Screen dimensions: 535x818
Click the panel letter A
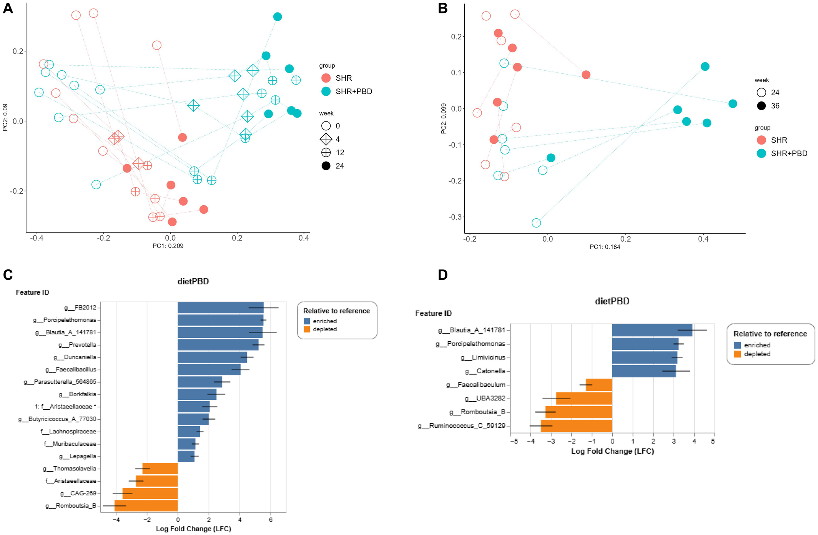click(8, 8)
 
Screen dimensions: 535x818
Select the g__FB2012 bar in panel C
click(220, 307)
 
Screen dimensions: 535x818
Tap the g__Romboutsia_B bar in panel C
click(146, 506)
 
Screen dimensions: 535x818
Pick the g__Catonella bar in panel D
click(643, 371)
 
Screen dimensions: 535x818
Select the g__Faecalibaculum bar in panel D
click(599, 385)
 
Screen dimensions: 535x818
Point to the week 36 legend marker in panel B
click(761, 106)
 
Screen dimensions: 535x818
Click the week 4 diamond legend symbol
click(326, 139)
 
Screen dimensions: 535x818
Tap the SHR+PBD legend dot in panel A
click(326, 91)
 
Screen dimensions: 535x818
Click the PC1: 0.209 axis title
click(168, 246)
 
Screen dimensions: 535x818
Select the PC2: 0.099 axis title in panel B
click(444, 118)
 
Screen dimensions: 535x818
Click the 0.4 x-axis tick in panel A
click(304, 238)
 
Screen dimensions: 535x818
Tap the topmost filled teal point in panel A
click(278, 17)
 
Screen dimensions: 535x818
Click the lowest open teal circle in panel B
click(536, 223)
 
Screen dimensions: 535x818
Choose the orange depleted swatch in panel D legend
click(737, 354)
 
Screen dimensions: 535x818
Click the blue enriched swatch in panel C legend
click(307, 321)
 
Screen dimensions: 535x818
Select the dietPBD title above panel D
click(612, 301)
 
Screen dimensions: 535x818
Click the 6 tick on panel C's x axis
click(271, 520)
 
